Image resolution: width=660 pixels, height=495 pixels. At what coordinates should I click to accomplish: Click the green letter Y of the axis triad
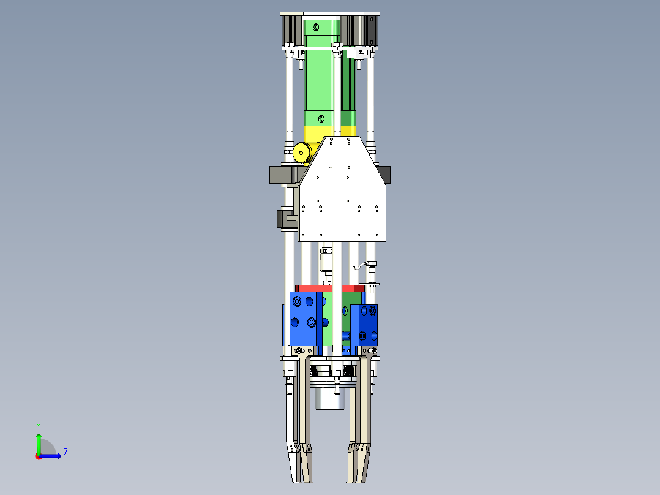(39, 426)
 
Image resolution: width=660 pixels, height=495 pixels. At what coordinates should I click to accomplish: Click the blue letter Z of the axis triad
(66, 453)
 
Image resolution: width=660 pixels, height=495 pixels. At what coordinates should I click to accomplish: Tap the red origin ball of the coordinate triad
(39, 456)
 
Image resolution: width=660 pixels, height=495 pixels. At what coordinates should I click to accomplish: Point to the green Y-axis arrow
(39, 444)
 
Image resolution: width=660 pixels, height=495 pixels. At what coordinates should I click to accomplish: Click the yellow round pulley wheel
(301, 152)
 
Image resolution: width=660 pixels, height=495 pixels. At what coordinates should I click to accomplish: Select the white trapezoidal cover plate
(342, 189)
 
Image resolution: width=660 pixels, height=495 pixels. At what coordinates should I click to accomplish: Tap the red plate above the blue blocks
(330, 289)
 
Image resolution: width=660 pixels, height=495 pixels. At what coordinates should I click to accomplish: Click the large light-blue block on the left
(303, 319)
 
